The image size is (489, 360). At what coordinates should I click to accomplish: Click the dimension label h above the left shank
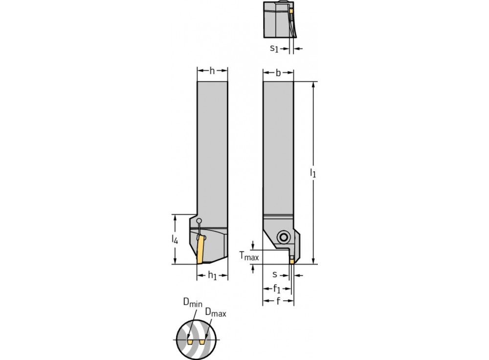tap(212, 71)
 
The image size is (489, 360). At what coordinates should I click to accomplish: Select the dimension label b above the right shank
tap(278, 73)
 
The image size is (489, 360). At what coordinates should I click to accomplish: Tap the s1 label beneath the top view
tap(275, 48)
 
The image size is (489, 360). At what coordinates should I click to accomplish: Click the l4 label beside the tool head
tap(175, 239)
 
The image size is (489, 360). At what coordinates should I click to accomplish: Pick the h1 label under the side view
tap(212, 276)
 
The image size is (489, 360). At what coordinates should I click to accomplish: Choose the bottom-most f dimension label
tap(278, 301)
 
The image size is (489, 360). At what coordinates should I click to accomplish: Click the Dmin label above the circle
tap(192, 303)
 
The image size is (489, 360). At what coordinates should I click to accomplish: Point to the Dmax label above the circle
tap(215, 312)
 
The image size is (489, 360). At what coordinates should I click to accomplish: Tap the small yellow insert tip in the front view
tap(291, 261)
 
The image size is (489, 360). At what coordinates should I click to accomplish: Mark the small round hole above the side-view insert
tap(199, 222)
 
